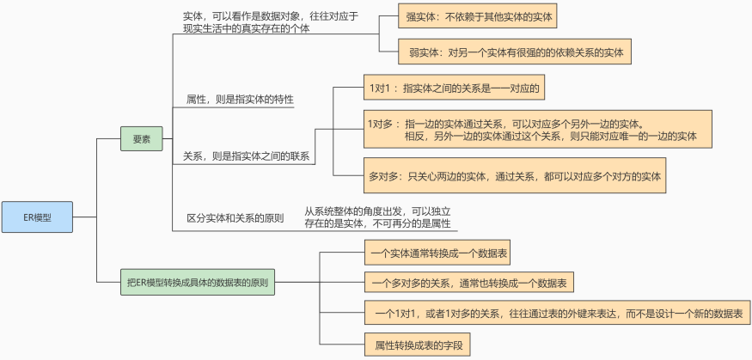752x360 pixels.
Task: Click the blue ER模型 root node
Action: tap(37, 217)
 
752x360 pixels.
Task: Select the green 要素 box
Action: tap(142, 137)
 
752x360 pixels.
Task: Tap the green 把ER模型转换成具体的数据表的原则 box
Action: tap(198, 282)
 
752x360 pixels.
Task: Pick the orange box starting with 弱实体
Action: tap(516, 52)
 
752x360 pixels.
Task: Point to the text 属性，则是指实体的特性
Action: tap(240, 100)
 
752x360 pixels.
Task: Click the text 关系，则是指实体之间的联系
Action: tap(246, 157)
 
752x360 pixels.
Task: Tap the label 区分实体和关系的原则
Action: tap(235, 218)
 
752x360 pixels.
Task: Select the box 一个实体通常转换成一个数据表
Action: tap(437, 254)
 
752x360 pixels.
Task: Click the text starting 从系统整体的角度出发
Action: tap(379, 217)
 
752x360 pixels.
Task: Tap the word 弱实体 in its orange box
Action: tap(425, 52)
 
